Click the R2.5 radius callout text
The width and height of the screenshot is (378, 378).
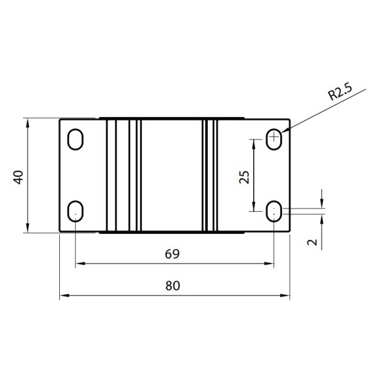click(340, 91)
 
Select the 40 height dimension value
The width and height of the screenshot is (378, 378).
click(18, 177)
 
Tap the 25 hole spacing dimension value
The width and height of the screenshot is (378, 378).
click(244, 177)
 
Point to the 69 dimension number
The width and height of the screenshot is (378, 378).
click(172, 254)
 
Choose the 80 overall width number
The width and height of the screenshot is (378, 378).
click(173, 285)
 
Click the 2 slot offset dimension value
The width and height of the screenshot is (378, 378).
click(312, 242)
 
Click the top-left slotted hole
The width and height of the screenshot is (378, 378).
click(76, 140)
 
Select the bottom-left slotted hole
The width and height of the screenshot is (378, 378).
click(76, 211)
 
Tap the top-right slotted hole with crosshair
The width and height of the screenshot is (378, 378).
click(274, 140)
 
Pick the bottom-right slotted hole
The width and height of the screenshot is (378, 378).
click(274, 211)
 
